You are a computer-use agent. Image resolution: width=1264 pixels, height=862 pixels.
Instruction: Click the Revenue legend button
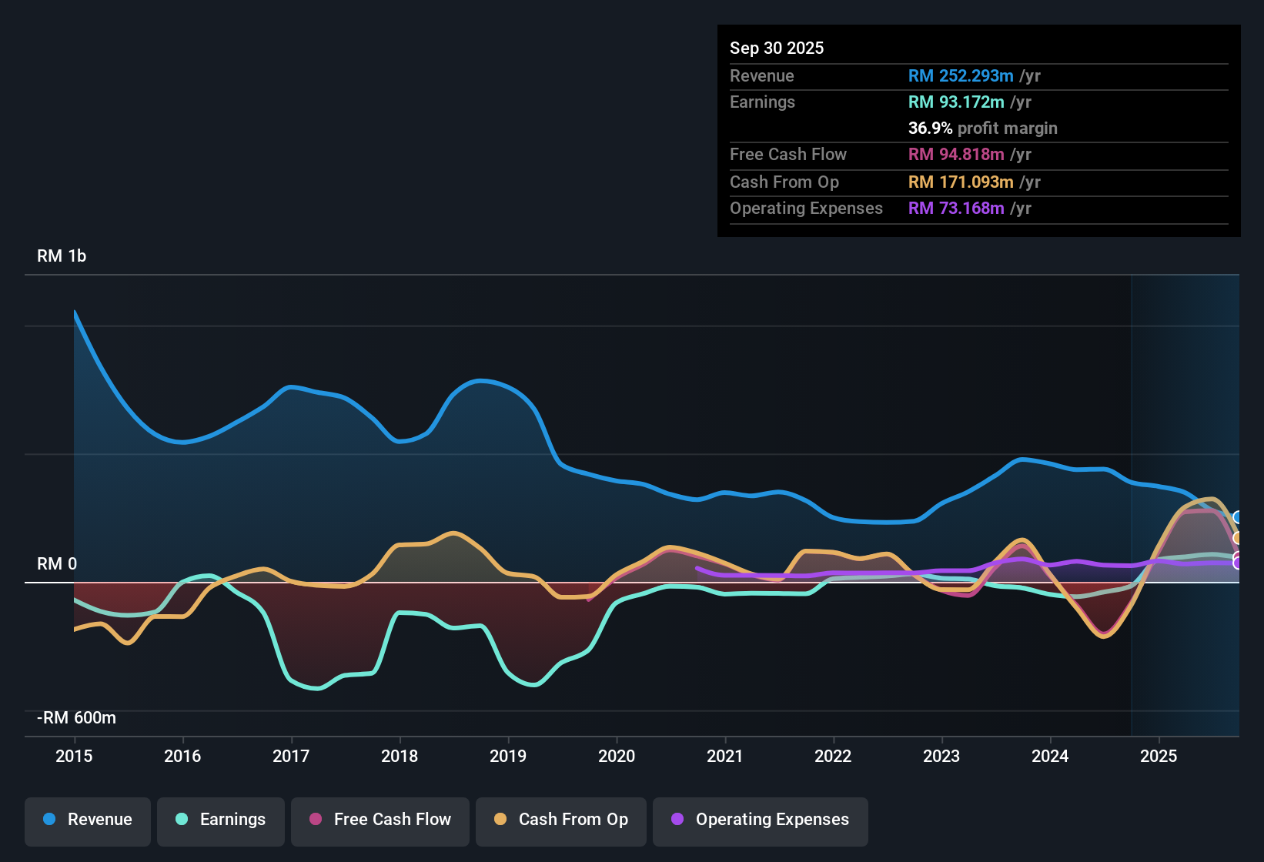pyautogui.click(x=88, y=820)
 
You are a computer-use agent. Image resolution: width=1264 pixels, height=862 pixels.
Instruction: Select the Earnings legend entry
pyautogui.click(x=221, y=820)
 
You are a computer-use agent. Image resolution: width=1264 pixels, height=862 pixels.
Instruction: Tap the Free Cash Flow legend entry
pyautogui.click(x=380, y=820)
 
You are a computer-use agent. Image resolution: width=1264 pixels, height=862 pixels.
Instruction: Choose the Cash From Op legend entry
pyautogui.click(x=561, y=820)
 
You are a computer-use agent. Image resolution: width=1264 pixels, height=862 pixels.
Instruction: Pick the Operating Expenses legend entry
pyautogui.click(x=761, y=820)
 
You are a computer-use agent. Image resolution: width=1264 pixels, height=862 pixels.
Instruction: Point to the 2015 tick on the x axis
pyautogui.click(x=74, y=756)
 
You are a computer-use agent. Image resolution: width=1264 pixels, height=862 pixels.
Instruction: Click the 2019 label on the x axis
pyautogui.click(x=508, y=756)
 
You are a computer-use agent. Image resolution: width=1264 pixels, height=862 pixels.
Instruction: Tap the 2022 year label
pyautogui.click(x=833, y=756)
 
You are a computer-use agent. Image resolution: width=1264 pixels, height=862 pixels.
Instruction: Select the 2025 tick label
pyautogui.click(x=1159, y=756)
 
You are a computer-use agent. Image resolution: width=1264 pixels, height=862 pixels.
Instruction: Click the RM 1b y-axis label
pyautogui.click(x=62, y=256)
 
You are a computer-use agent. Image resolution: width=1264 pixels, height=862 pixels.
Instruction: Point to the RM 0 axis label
pyautogui.click(x=57, y=564)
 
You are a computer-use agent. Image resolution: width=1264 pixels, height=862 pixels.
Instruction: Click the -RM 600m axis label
pyautogui.click(x=76, y=718)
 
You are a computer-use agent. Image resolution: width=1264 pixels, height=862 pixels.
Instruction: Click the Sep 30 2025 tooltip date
pyautogui.click(x=777, y=48)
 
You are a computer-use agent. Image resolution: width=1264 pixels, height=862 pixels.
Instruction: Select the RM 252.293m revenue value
pyautogui.click(x=961, y=76)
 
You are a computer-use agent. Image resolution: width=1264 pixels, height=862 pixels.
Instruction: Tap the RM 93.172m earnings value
pyautogui.click(x=956, y=102)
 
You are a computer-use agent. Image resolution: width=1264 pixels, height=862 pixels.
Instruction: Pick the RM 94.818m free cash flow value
pyautogui.click(x=956, y=155)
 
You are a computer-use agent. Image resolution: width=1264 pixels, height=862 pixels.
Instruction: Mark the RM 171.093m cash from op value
pyautogui.click(x=961, y=182)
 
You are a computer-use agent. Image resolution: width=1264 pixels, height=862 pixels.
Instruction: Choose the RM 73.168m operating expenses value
pyautogui.click(x=956, y=209)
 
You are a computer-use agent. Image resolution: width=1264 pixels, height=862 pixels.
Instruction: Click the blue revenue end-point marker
pyautogui.click(x=1237, y=517)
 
